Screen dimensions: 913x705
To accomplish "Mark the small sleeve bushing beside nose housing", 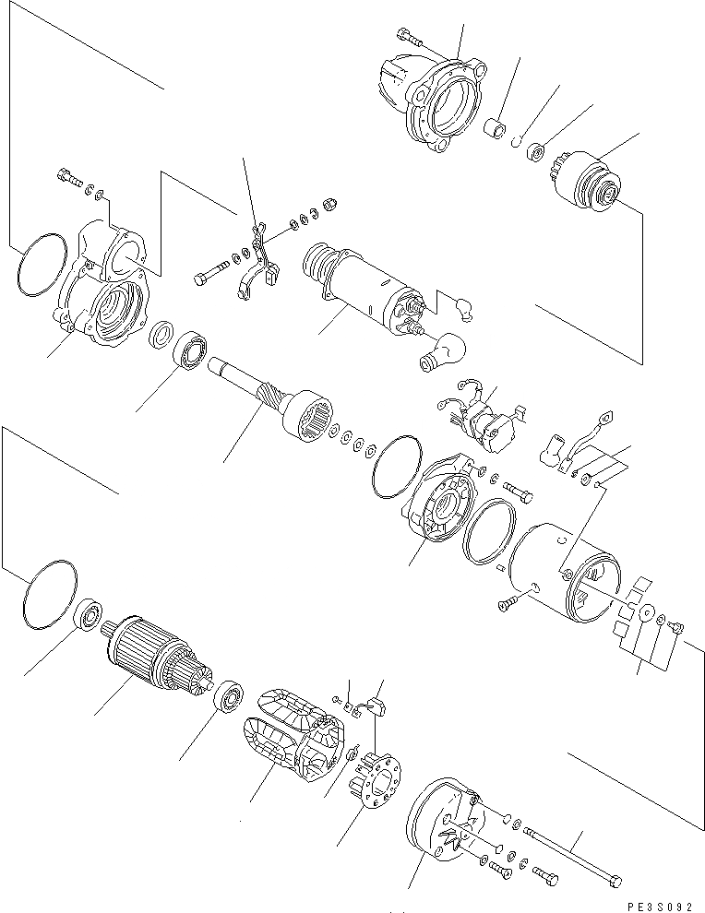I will pyautogui.click(x=499, y=129).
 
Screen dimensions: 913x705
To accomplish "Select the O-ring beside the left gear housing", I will pyautogui.click(x=41, y=267).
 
